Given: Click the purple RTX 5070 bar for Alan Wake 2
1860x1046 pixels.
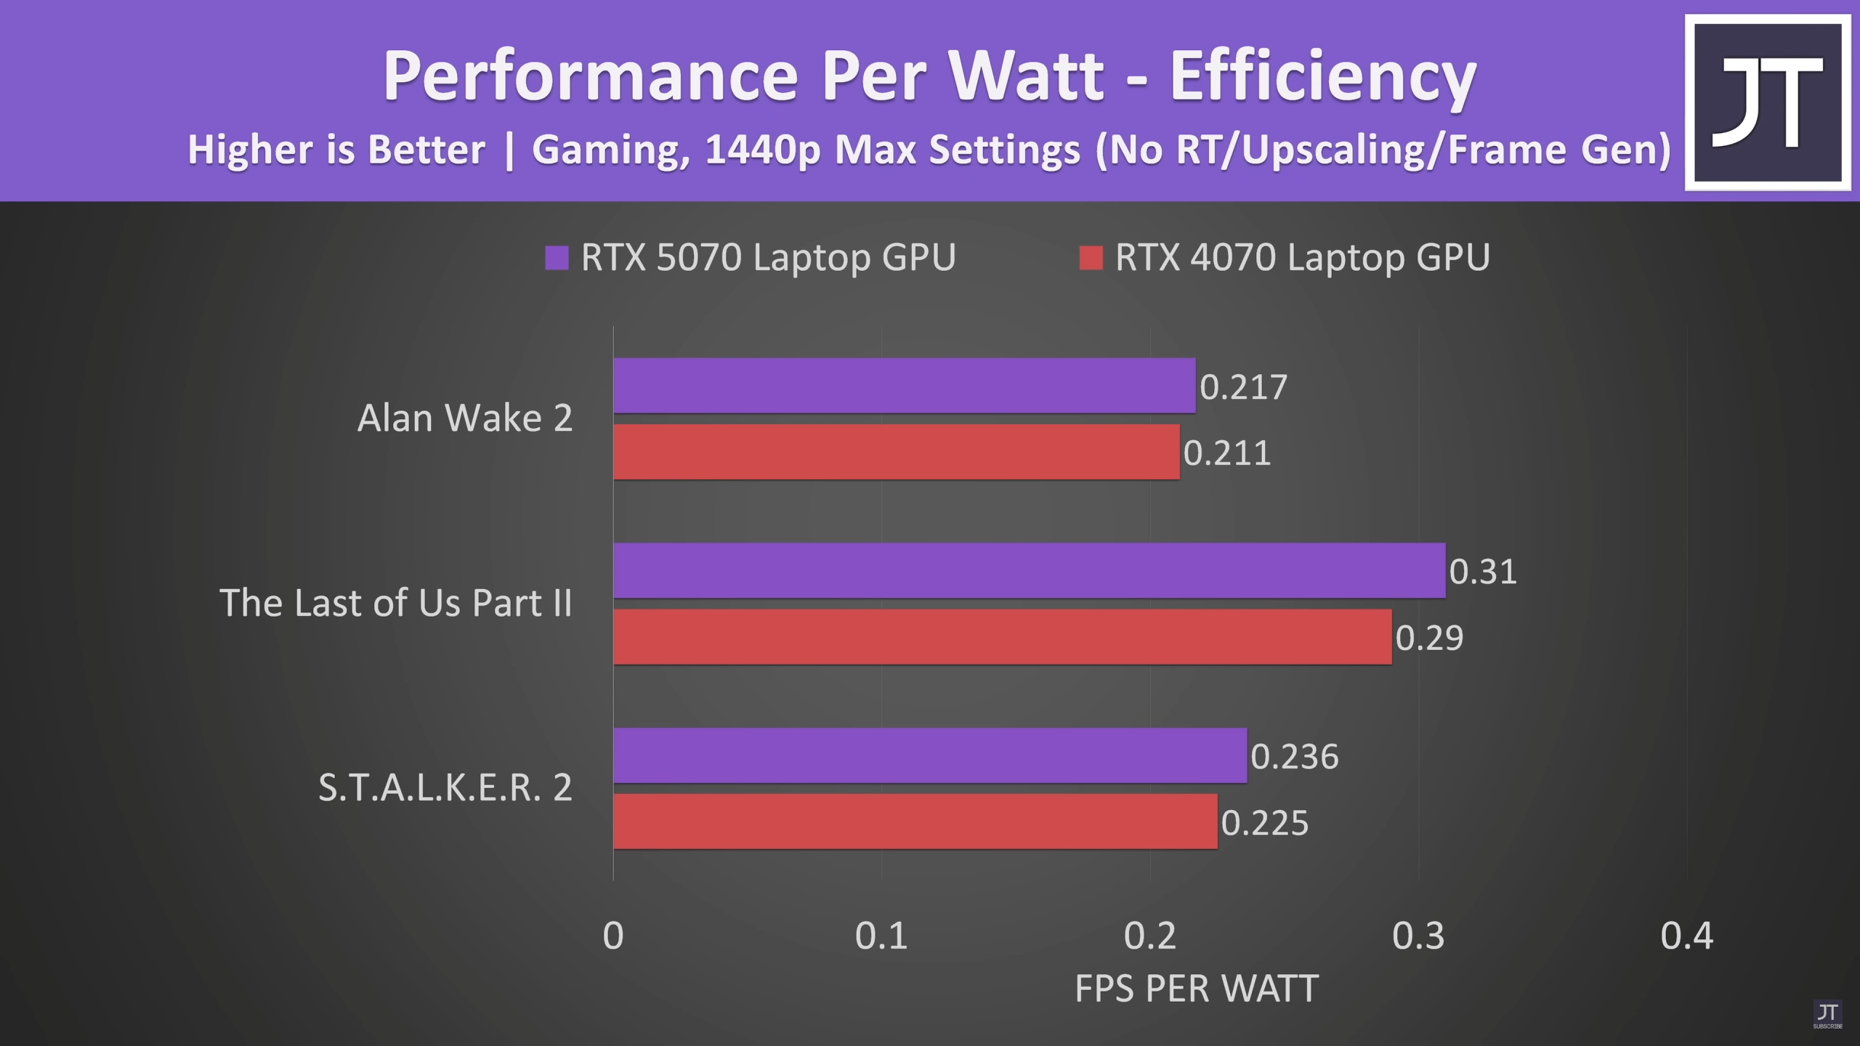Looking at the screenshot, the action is click(x=905, y=386).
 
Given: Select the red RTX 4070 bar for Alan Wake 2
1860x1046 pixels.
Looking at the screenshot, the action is click(x=897, y=452).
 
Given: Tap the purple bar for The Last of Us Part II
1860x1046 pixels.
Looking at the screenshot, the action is click(x=1030, y=570).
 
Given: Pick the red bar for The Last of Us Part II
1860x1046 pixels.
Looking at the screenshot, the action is click(x=1003, y=636).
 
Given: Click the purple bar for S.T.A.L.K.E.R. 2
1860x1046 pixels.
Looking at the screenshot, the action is click(x=930, y=755).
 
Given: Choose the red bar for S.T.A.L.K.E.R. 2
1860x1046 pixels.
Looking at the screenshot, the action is click(x=915, y=822).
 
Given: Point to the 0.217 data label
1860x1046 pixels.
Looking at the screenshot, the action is click(x=1243, y=386).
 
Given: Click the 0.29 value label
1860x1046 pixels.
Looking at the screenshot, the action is click(x=1429, y=637).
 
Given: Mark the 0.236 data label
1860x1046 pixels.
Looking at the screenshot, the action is click(x=1295, y=756).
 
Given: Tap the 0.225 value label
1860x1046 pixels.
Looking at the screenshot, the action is click(x=1265, y=822).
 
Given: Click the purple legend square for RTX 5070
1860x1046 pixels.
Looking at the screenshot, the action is click(x=557, y=258).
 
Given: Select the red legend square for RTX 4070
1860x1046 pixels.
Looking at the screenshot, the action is click(x=1091, y=258).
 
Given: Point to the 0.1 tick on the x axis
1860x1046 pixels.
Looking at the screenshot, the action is click(x=881, y=936).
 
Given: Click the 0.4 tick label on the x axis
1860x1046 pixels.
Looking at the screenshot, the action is click(x=1687, y=936).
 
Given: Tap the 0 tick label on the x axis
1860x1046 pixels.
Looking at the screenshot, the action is click(x=613, y=936).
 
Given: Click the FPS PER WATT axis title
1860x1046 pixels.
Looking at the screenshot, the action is click(x=1197, y=989).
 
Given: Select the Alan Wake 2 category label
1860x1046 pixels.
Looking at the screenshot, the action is click(x=465, y=418).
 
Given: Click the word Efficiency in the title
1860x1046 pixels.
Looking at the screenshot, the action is click(x=1323, y=76).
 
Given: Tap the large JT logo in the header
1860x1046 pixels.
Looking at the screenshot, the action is click(x=1768, y=102).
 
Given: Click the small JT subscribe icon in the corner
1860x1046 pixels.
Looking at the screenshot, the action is click(x=1827, y=1014).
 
